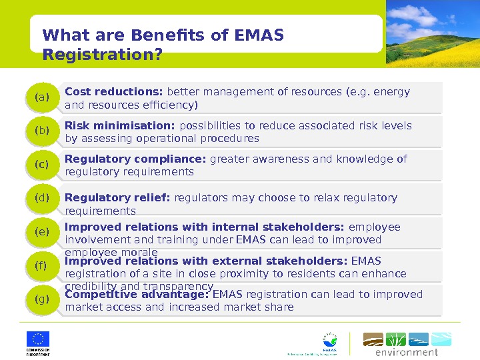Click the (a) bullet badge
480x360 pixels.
(x=43, y=98)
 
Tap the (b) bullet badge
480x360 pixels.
(x=43, y=131)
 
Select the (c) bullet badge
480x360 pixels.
(x=43, y=165)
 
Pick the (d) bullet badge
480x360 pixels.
(x=43, y=198)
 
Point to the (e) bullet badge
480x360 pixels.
(x=43, y=232)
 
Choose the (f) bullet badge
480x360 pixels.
(x=43, y=266)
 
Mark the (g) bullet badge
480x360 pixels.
(x=43, y=299)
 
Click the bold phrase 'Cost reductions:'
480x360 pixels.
(x=114, y=92)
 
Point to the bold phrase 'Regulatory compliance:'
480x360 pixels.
(x=136, y=159)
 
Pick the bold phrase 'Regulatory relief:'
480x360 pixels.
(x=118, y=198)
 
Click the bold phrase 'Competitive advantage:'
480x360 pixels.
(x=137, y=294)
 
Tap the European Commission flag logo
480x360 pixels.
(x=38, y=339)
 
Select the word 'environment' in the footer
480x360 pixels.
(x=407, y=352)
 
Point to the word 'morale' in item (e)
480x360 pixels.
(x=141, y=253)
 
